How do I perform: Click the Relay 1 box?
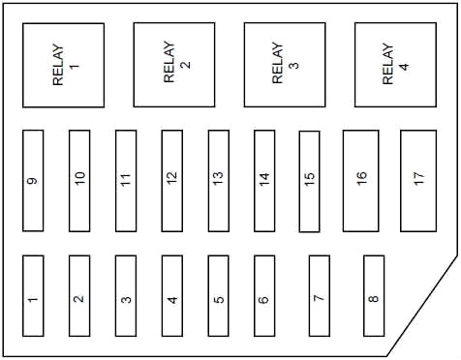(64, 65)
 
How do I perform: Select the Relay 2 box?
(174, 65)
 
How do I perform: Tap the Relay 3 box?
(285, 65)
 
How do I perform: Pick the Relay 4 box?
(395, 65)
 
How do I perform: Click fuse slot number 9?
(33, 181)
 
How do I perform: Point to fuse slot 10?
(79, 181)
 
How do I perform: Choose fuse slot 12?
(172, 181)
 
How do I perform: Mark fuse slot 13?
(219, 181)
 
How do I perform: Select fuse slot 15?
(309, 181)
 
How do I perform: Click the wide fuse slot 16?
(361, 181)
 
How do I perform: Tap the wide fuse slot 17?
(418, 181)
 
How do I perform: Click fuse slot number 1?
(33, 296)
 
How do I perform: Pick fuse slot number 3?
(126, 296)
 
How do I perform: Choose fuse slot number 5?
(219, 296)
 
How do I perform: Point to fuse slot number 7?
(320, 296)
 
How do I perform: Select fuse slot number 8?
(374, 296)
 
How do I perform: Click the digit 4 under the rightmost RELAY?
(404, 67)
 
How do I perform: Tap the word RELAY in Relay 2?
(169, 62)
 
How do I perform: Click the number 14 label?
(264, 179)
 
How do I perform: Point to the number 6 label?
(263, 299)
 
